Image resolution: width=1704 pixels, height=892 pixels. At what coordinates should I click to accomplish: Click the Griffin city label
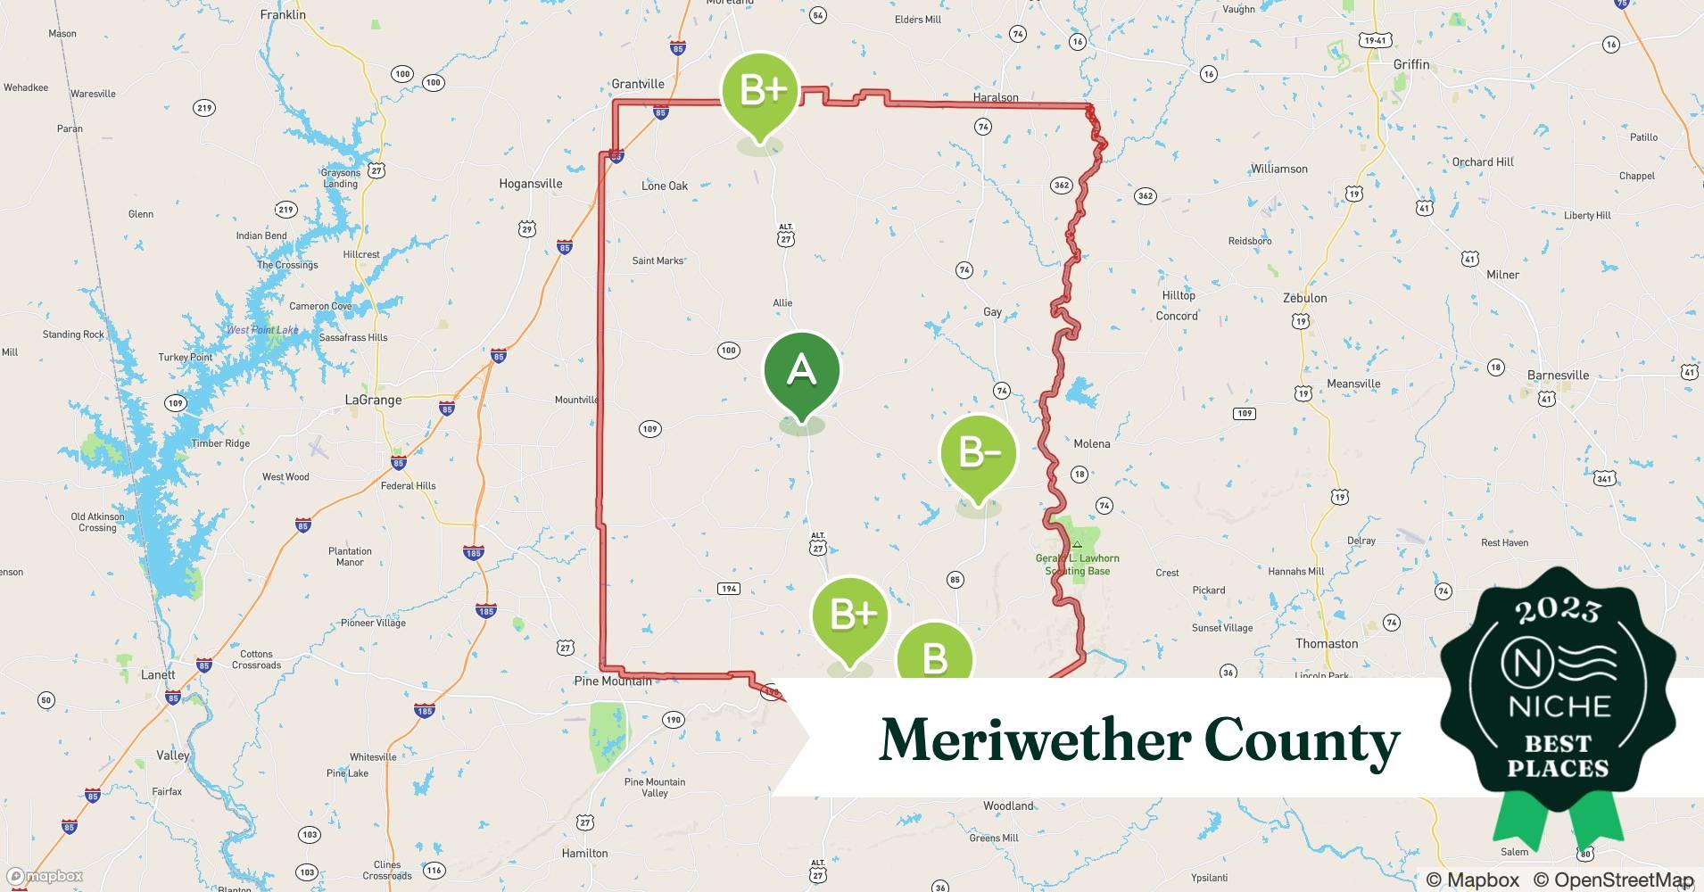tap(1411, 65)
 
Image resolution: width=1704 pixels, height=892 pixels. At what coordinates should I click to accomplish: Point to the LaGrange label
tap(373, 401)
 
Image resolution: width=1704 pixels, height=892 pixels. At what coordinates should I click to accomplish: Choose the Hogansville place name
tap(531, 184)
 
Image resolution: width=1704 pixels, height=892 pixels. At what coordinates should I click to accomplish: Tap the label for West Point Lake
tap(262, 330)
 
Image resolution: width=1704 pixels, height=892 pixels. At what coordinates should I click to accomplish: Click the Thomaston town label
tap(1327, 643)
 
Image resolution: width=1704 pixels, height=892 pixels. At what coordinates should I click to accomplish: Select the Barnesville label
tap(1558, 376)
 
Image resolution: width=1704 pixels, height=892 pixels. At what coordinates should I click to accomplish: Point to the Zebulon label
tap(1304, 298)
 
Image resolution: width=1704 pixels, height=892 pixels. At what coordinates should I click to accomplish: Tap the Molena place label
tap(1092, 443)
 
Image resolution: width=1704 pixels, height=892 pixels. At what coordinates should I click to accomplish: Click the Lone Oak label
tap(665, 186)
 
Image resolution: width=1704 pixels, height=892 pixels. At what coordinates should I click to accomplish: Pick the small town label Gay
tap(992, 312)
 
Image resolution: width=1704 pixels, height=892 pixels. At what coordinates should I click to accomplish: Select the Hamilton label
tap(585, 853)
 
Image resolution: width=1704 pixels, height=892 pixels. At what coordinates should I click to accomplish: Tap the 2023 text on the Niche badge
tap(1558, 611)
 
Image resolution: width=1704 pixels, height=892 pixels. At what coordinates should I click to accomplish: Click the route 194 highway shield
tap(729, 589)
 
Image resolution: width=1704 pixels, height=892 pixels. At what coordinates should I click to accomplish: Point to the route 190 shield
tap(673, 720)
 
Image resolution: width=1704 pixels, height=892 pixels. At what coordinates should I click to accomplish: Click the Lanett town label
tap(158, 674)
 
